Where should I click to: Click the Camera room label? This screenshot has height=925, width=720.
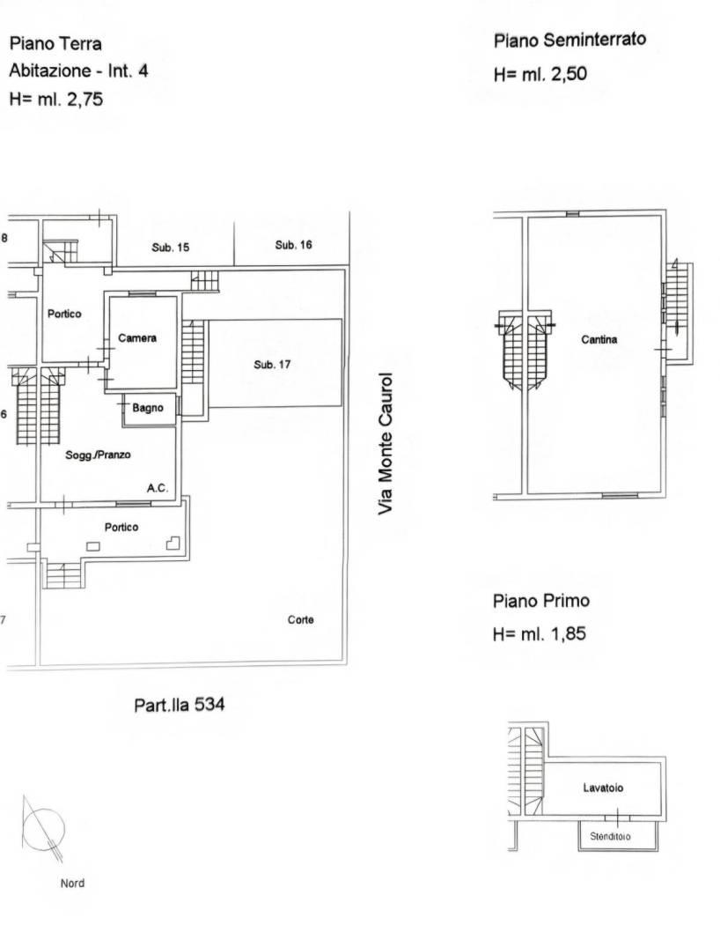tap(137, 338)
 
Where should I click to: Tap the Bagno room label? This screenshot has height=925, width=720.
tap(148, 408)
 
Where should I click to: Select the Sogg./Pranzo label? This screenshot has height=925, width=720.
tap(98, 455)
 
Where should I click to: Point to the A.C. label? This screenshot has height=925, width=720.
tap(158, 488)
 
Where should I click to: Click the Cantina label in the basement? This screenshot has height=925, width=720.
tap(599, 339)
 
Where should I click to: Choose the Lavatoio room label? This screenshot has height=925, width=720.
tap(603, 788)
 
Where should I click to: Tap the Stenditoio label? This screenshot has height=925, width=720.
tap(610, 837)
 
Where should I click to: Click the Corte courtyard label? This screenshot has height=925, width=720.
tap(300, 619)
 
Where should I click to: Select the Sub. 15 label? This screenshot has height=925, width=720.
tap(170, 248)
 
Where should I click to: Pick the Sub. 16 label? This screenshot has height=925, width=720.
tap(293, 245)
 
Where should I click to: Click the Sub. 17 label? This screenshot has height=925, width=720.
tap(272, 365)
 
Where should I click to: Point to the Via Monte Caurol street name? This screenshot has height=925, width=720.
tap(385, 443)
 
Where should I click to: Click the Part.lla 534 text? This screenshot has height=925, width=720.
tap(179, 705)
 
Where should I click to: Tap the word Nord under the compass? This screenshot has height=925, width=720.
tap(72, 883)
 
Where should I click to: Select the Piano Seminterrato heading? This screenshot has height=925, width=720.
tap(569, 41)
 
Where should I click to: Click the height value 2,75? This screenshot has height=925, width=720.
tap(84, 99)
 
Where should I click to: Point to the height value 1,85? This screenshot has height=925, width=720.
tap(568, 633)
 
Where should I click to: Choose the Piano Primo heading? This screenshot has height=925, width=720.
tap(541, 601)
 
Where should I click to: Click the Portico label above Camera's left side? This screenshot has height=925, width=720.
tap(64, 314)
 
